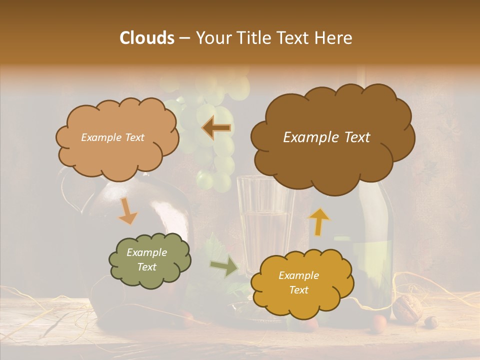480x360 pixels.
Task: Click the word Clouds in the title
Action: [x=147, y=38]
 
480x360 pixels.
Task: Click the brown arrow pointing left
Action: [x=216, y=128]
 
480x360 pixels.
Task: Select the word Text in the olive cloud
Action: [x=147, y=267]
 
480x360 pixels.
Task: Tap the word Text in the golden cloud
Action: [x=298, y=290]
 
